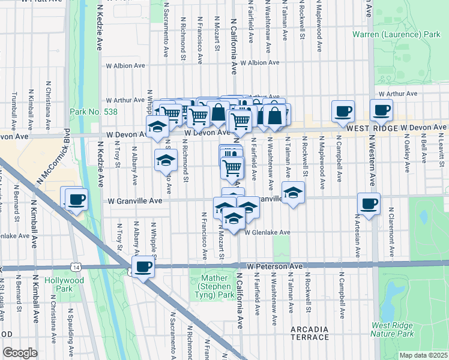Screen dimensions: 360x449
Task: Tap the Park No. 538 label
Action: tap(94, 112)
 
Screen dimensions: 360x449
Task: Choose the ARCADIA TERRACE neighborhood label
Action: tap(310, 334)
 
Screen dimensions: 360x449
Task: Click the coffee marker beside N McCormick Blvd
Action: tap(76, 199)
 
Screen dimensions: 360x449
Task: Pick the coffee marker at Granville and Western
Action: tap(369, 203)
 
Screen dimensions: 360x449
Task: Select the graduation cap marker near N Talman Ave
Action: tap(293, 193)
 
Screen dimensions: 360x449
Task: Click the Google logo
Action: tap(20, 353)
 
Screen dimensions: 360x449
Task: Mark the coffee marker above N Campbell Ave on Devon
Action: tap(343, 110)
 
